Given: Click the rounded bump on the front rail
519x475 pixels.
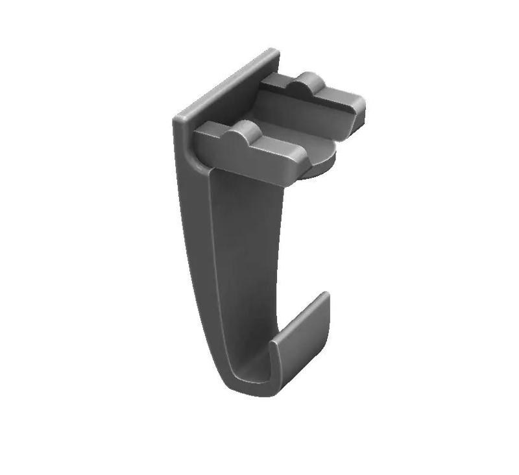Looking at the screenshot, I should point(245,132).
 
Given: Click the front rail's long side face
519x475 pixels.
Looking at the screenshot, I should point(247,162).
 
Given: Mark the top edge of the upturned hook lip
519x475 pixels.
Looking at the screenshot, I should point(322,298).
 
